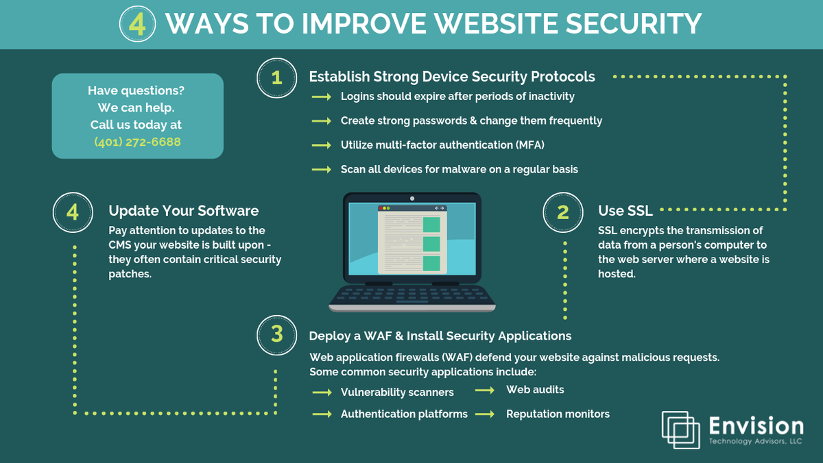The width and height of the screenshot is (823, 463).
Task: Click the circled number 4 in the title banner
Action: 138,24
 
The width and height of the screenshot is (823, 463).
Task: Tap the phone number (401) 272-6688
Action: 138,142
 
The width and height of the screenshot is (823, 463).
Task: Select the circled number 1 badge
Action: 276,77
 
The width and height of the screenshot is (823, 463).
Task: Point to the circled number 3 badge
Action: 276,334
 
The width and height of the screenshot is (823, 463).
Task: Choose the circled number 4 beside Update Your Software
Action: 72,212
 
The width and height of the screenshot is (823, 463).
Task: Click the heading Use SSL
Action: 625,210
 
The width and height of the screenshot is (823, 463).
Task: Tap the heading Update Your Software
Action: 183,210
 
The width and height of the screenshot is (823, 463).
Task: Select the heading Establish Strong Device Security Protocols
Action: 451,76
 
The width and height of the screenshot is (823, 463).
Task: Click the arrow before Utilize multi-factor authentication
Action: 322,145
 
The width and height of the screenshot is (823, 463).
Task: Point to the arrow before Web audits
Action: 485,390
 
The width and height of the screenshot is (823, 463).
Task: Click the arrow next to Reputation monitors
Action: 485,414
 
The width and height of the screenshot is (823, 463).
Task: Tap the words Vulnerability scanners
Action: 397,392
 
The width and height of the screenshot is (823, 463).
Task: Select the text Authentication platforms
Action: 404,414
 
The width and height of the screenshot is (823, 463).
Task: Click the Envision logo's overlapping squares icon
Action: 680,430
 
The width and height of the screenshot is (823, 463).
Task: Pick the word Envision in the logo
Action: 755,426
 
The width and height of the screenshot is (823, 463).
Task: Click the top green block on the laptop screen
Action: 431,224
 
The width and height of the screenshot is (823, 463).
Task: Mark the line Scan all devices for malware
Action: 459,168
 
